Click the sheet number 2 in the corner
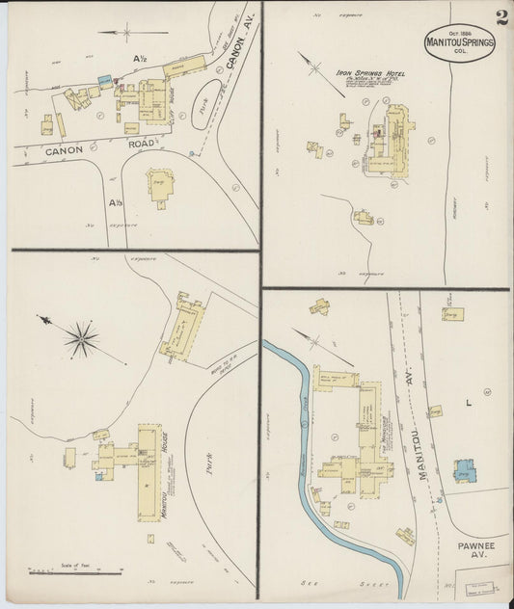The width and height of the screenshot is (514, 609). [502, 18]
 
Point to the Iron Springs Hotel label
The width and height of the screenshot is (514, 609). [370, 73]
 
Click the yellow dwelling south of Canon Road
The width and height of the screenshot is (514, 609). [160, 185]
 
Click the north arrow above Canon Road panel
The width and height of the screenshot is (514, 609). [122, 33]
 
